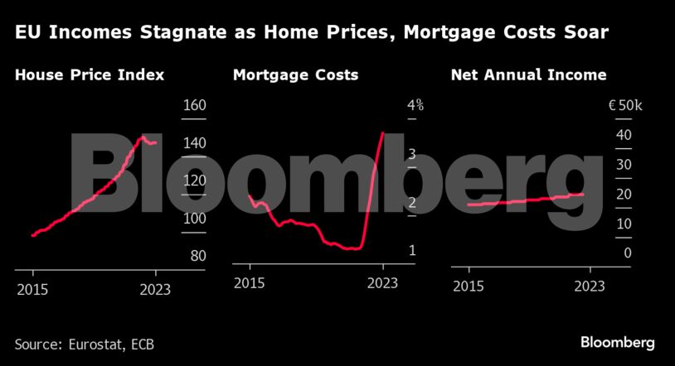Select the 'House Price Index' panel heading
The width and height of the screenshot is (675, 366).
(x=90, y=75)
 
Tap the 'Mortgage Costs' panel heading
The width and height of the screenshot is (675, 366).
(x=295, y=75)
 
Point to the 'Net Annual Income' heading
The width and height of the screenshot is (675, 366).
(x=528, y=75)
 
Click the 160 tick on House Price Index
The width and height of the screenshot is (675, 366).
(x=193, y=106)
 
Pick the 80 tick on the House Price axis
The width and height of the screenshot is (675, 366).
(x=197, y=255)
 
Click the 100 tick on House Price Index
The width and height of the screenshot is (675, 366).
(x=193, y=218)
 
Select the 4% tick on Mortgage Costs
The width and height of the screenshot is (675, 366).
(x=415, y=106)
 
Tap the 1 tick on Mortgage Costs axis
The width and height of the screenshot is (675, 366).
(x=411, y=250)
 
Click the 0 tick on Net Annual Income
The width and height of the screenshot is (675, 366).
(x=628, y=253)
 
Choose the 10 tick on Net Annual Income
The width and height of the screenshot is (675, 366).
(x=624, y=224)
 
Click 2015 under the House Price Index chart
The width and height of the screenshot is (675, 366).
(x=32, y=289)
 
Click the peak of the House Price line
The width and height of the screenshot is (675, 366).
(x=143, y=137)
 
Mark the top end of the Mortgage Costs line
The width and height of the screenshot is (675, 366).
(x=382, y=132)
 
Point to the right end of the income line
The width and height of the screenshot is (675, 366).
(x=583, y=194)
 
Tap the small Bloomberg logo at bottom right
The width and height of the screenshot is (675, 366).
(x=617, y=342)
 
